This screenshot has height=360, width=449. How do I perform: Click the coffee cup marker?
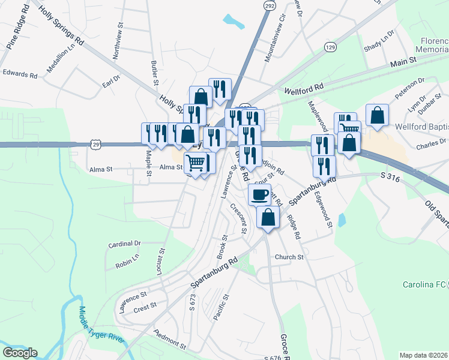(x=259, y=194)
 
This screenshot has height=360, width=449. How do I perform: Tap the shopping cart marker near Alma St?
(x=196, y=162)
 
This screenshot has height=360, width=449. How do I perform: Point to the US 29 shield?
(x=95, y=143)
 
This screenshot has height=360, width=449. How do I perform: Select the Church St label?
(x=289, y=257)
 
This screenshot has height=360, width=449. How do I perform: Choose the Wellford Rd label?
(x=303, y=89)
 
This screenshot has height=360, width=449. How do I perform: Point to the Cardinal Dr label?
(x=124, y=244)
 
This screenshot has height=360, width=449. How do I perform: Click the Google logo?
(x=20, y=353)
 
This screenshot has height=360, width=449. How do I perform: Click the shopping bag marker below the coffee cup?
(x=268, y=217)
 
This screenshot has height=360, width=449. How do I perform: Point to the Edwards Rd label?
(x=20, y=74)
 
